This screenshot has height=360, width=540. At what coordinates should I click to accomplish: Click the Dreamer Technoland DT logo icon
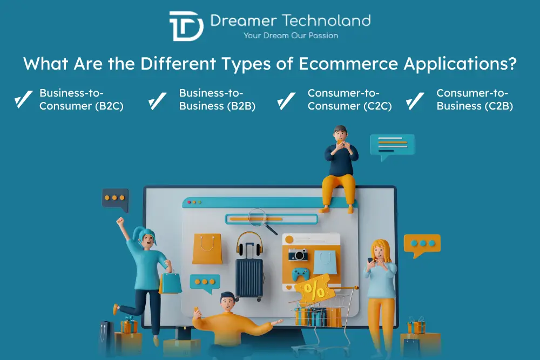[186, 26]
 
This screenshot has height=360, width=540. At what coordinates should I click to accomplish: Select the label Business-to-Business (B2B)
[217, 100]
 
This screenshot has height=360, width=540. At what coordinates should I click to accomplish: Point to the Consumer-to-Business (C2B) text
[475, 100]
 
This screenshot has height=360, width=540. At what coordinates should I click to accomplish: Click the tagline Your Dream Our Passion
[291, 36]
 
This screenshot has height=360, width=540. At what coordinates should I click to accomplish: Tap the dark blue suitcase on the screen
[249, 277]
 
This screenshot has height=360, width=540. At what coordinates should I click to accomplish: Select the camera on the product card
[298, 254]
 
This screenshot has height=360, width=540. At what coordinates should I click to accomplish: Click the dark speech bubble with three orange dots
[115, 199]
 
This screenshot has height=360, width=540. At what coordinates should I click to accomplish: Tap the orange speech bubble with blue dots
[422, 244]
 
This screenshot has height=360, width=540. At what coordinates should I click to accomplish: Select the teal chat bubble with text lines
[392, 145]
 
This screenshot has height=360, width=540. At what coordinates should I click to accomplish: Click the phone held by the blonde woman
[371, 261]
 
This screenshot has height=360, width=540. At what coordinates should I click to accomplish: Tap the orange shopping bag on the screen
[207, 249]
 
